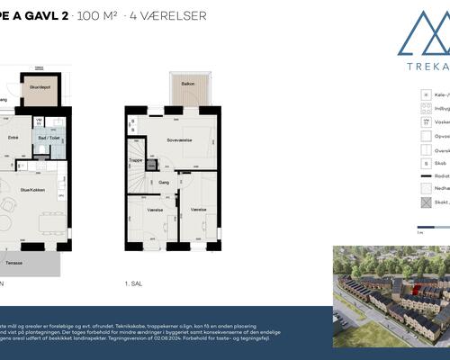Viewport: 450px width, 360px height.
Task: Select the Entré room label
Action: click(x=13, y=138)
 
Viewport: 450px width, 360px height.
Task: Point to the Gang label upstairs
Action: click(x=165, y=181)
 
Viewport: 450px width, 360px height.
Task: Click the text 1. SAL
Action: click(x=135, y=283)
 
